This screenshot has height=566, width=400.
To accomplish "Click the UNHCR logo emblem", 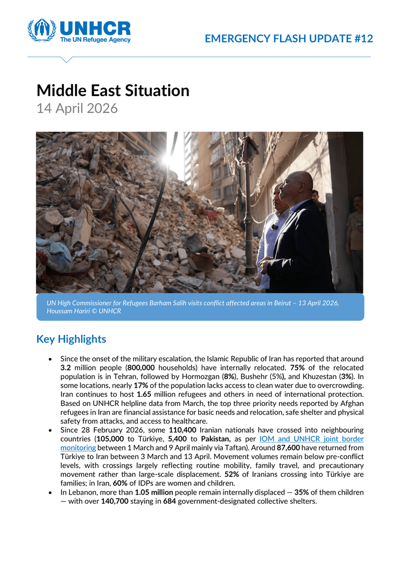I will tap(42, 30).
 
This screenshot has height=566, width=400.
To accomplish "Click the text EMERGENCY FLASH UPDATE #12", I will tap(289, 39).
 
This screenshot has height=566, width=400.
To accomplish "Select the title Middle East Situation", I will tap(113, 90).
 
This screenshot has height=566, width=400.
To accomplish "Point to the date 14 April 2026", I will tap(77, 108).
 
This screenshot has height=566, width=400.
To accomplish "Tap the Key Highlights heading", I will tap(71, 339).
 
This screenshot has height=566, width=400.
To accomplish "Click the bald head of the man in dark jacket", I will tap(301, 184).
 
